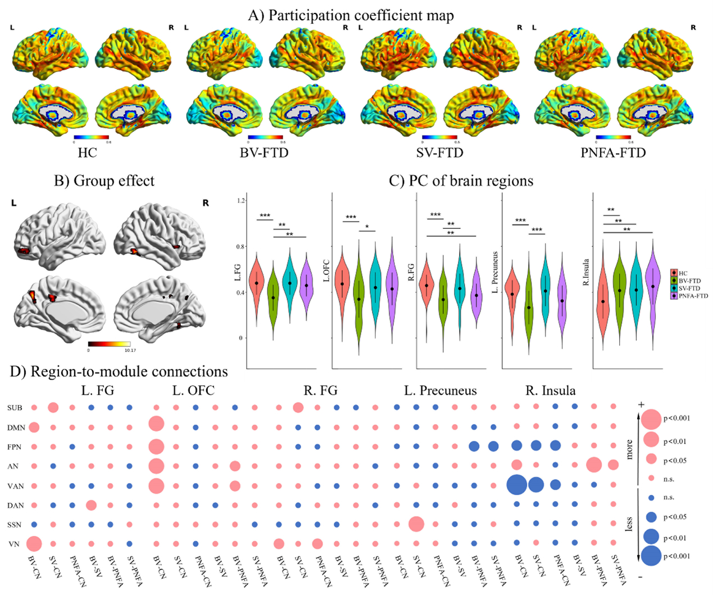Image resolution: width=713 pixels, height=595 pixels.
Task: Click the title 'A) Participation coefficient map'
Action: click(x=351, y=15)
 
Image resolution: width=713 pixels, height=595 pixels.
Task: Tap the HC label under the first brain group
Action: click(x=87, y=152)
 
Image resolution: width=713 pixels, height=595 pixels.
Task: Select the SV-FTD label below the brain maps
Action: click(x=440, y=152)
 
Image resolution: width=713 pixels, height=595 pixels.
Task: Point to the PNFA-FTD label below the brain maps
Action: click(x=613, y=152)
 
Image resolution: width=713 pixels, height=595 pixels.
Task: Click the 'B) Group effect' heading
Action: click(x=104, y=181)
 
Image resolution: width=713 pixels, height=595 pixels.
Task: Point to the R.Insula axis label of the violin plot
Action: click(x=585, y=272)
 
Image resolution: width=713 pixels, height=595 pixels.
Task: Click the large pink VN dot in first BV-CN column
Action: click(x=34, y=544)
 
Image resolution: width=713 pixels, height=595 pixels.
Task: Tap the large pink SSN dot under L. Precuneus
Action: click(x=416, y=524)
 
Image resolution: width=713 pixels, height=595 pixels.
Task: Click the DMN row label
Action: click(x=16, y=428)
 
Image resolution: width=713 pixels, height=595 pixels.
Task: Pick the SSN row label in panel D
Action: click(x=15, y=525)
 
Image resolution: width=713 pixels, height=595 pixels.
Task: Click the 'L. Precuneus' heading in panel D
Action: click(x=440, y=390)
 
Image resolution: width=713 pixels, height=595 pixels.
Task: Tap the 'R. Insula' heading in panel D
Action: click(x=550, y=390)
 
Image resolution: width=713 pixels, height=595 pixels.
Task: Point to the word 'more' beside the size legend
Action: click(x=629, y=449)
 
